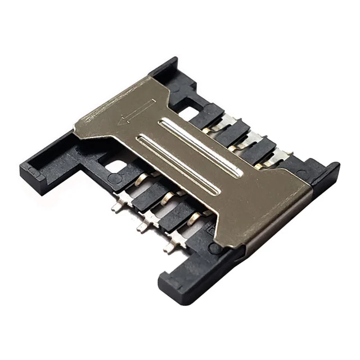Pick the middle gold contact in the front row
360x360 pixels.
tap(168, 199)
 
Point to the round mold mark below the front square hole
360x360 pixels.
tap(115, 179)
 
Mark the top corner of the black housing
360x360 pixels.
tap(172, 61)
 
